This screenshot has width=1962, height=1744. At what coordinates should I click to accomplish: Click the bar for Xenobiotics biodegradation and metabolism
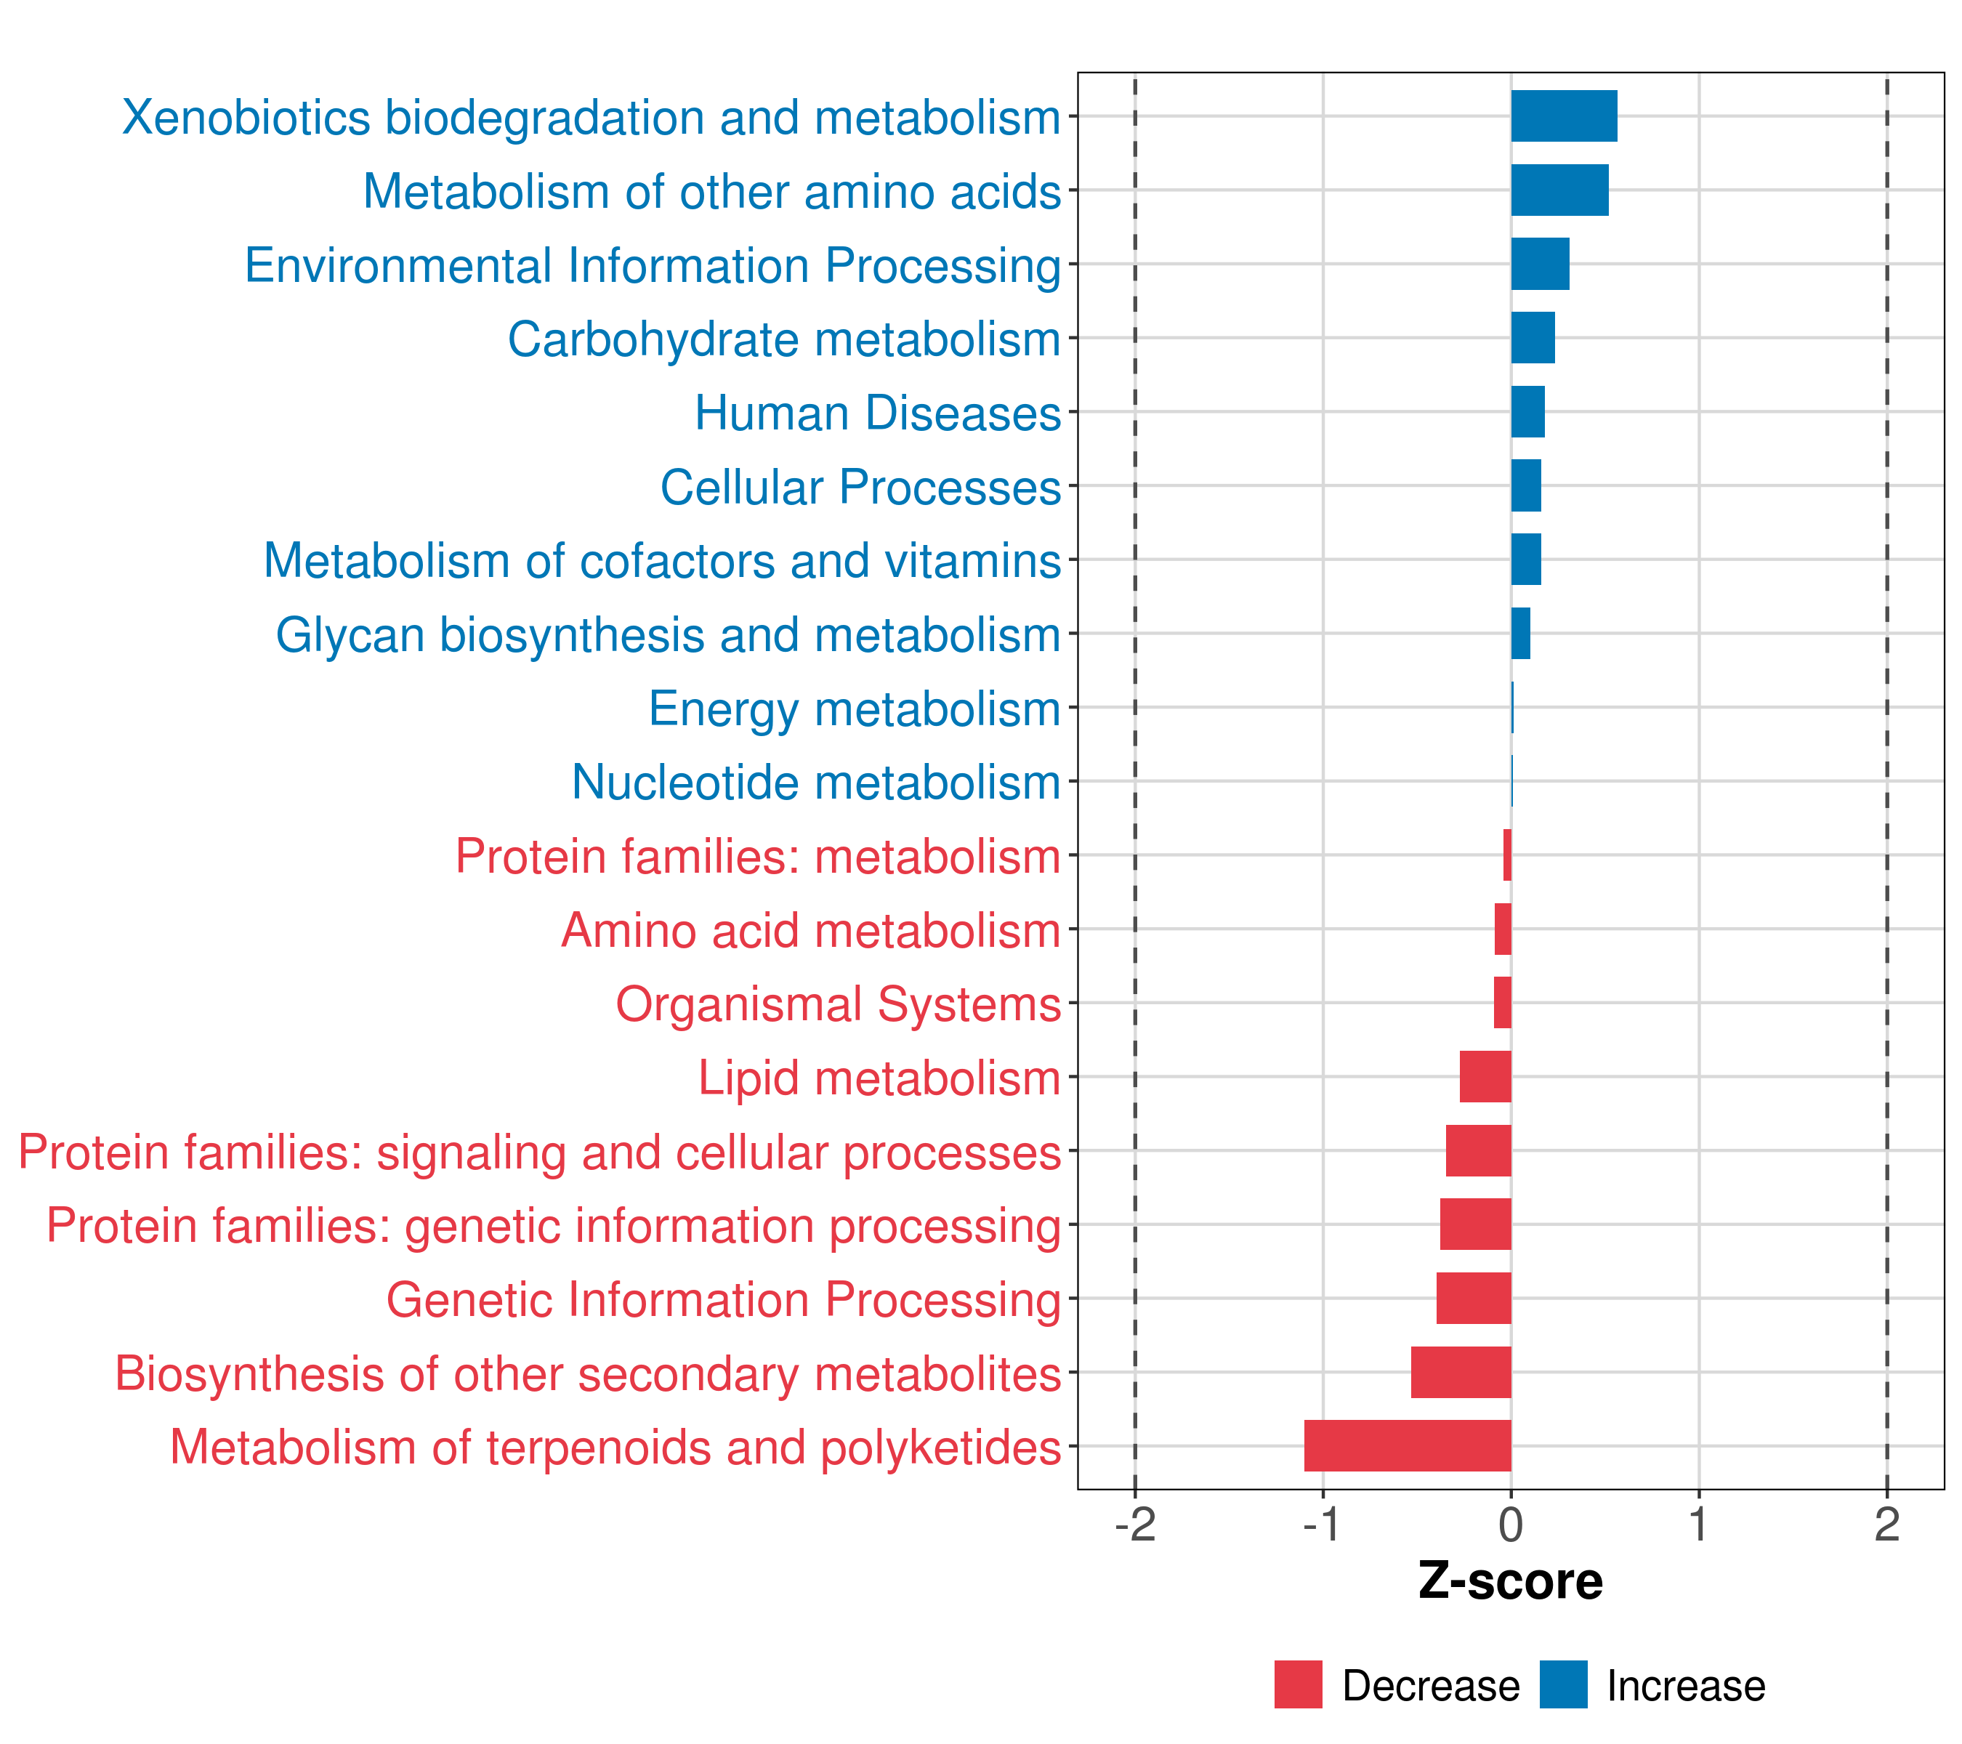[x=1564, y=116]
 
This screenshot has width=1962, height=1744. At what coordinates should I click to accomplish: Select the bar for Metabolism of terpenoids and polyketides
[x=1407, y=1445]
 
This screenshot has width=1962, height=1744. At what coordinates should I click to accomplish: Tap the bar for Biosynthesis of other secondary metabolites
[x=1461, y=1372]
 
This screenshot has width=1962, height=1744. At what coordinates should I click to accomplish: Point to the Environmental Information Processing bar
[x=1540, y=264]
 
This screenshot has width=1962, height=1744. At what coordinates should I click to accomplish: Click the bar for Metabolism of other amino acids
[x=1560, y=190]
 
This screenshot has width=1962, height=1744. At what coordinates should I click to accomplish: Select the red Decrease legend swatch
[x=1298, y=1684]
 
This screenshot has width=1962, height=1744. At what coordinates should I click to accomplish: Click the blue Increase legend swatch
[x=1562, y=1684]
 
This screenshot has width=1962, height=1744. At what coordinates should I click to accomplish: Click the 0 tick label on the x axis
[x=1511, y=1525]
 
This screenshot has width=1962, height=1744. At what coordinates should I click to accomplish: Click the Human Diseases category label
[x=877, y=413]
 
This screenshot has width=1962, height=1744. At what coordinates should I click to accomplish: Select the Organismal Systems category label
[x=838, y=1005]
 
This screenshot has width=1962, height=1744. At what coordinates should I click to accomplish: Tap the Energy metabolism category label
[x=855, y=709]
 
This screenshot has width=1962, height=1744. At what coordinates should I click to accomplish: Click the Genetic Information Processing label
[x=724, y=1301]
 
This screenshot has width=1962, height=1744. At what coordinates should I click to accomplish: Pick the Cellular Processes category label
[x=860, y=488]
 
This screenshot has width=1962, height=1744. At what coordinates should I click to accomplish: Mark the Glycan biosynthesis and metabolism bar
[x=1520, y=634]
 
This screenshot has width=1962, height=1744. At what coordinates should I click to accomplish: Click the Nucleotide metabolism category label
[x=816, y=783]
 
